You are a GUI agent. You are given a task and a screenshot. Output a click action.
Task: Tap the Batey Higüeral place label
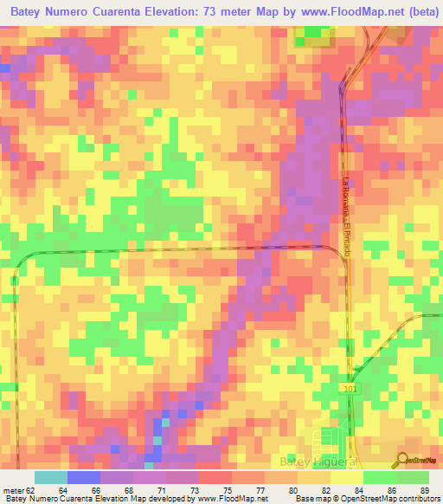pos(320,462)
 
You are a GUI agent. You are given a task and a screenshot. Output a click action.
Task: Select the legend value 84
pos(359,489)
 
